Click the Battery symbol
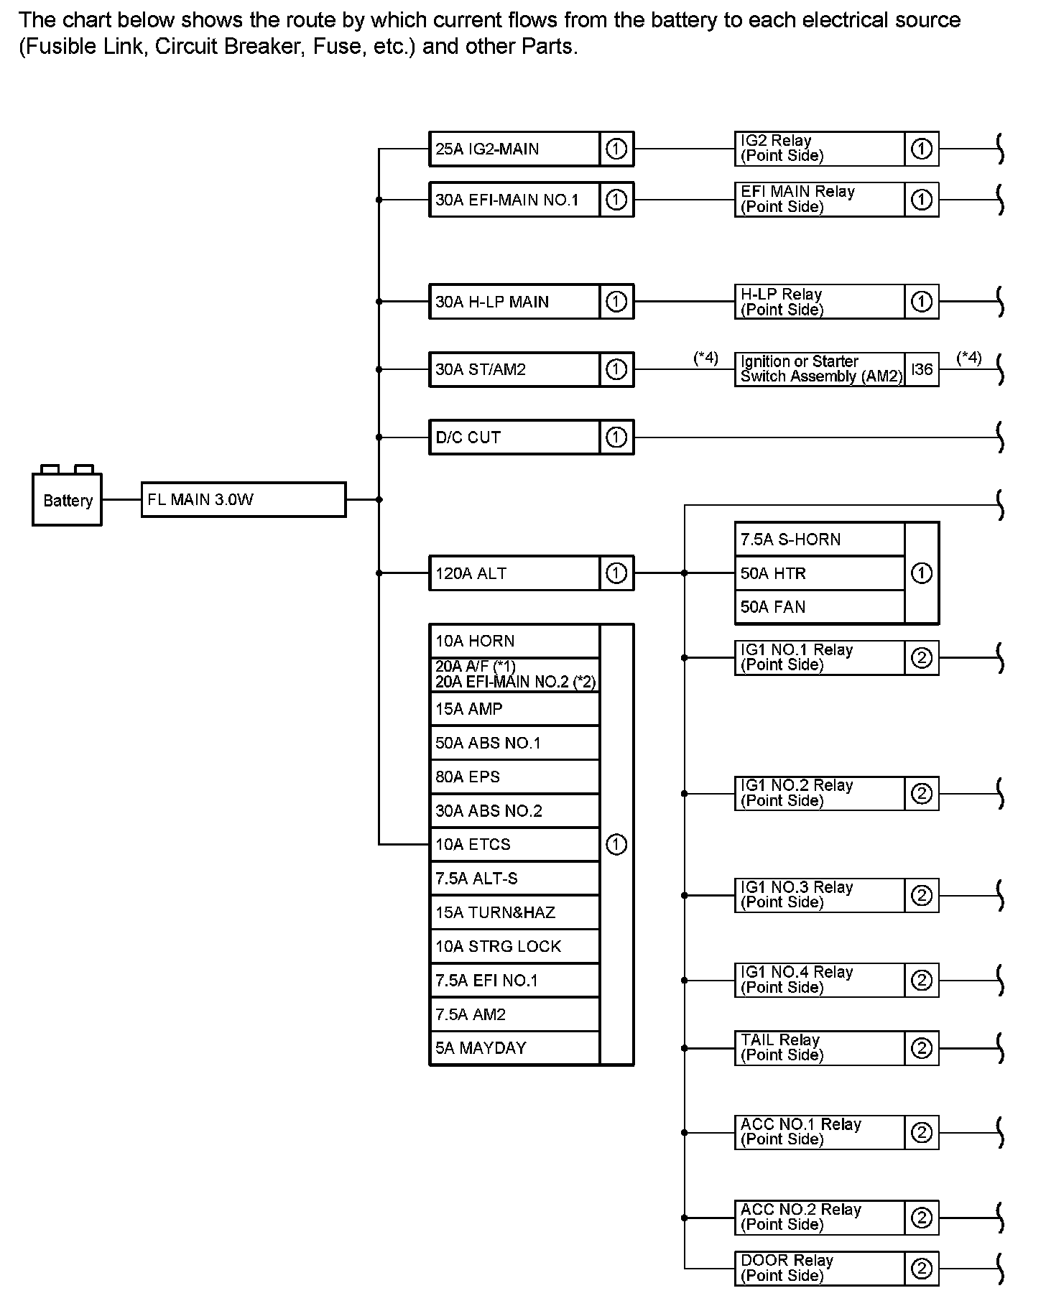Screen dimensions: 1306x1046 point(67,499)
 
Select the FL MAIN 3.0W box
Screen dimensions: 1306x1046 point(243,499)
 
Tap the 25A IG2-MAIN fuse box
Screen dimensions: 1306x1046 point(514,149)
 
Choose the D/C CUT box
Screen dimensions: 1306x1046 point(514,437)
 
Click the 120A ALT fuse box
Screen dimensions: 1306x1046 point(514,573)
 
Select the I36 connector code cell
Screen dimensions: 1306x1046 point(922,369)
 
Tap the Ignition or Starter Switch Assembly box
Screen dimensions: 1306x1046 point(820,369)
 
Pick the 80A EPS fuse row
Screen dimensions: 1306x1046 point(514,777)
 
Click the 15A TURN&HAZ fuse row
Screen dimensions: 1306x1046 point(514,912)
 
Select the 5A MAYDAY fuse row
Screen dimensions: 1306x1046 point(514,1048)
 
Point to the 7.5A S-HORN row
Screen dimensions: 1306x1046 point(819,539)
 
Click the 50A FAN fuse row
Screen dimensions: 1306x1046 point(819,607)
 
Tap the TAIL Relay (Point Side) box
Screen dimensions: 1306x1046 point(819,1048)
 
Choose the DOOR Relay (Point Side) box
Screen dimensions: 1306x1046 point(819,1269)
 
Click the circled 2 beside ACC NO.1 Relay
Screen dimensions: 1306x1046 point(922,1133)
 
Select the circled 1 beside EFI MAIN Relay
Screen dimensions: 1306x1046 point(922,200)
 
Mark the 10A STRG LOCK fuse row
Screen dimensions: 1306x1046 point(514,946)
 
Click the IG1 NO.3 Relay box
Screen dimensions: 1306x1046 point(819,895)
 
